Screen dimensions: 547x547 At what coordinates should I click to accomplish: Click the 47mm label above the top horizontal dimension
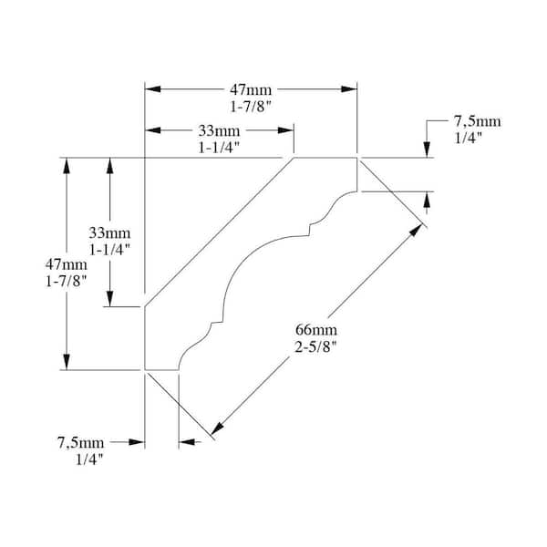click(251, 90)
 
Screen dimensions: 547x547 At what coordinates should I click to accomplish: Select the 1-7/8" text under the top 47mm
click(251, 107)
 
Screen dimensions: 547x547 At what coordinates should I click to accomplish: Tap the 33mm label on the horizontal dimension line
click(219, 131)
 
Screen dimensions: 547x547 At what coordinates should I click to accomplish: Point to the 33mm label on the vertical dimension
click(109, 232)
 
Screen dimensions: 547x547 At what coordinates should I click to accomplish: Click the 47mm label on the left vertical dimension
click(66, 264)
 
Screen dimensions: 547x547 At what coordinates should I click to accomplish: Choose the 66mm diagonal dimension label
click(316, 330)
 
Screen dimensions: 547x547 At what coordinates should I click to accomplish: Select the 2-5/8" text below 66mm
click(316, 346)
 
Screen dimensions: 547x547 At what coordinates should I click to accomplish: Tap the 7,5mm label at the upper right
click(477, 121)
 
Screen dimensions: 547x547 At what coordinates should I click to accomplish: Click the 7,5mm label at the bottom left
click(80, 443)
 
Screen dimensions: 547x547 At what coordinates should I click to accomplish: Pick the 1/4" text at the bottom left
click(90, 459)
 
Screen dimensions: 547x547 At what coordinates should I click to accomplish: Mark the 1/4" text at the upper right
click(468, 139)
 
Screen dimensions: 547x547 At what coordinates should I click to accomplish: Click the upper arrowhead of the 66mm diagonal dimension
click(417, 231)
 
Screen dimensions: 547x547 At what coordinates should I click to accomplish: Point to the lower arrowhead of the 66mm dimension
click(218, 428)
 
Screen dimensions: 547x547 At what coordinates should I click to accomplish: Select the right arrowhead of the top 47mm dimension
click(349, 89)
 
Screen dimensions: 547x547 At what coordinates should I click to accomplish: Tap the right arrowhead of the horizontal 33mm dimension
click(285, 130)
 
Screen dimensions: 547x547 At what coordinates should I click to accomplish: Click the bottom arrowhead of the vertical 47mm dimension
click(67, 362)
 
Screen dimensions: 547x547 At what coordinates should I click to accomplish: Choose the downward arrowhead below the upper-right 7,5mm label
click(427, 150)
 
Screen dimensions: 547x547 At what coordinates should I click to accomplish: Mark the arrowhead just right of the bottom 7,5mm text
click(137, 442)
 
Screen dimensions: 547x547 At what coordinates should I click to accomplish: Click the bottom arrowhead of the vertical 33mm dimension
click(110, 299)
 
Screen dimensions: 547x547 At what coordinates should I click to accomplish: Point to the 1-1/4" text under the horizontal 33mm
click(219, 148)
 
